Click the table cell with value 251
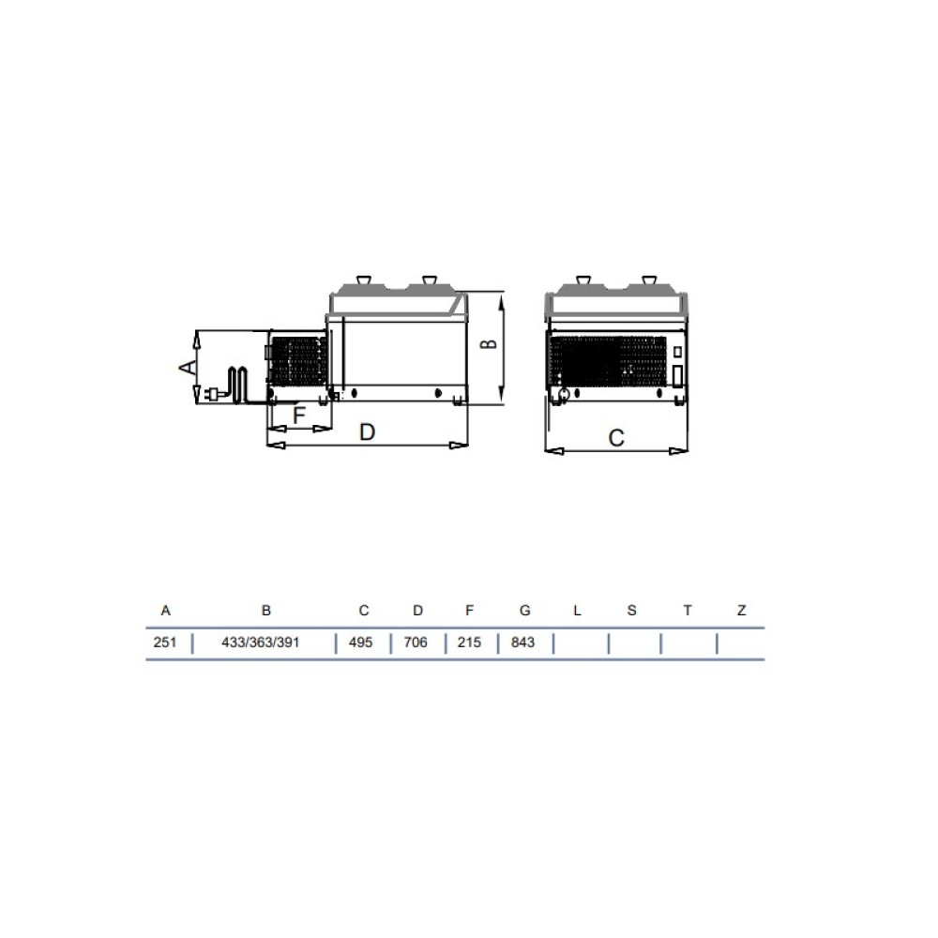165,643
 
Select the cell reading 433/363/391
260,643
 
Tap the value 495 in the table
361,643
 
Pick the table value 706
416,643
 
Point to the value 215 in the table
469,643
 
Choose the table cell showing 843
522,643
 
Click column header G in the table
525,611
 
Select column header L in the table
577,611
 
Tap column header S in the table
631,611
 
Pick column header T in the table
688,611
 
